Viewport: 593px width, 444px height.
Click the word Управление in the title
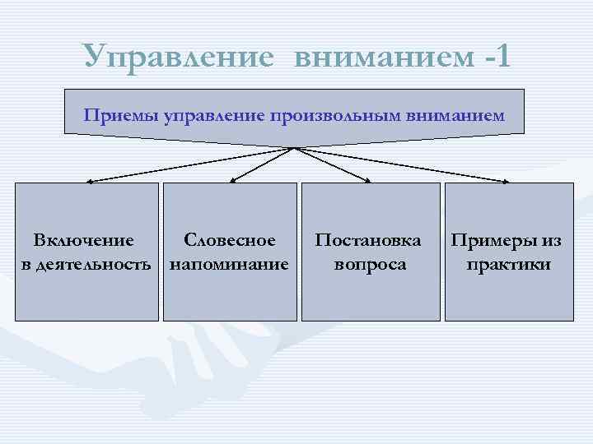click(x=178, y=56)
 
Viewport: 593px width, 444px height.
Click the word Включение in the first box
click(x=83, y=241)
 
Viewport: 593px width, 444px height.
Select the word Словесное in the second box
click(x=230, y=241)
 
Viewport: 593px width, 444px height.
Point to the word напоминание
click(x=229, y=265)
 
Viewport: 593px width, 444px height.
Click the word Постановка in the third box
click(x=368, y=241)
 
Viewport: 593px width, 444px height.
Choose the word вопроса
click(x=370, y=265)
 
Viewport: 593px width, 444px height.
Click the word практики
click(x=508, y=265)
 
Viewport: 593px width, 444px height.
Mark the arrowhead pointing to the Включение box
click(x=88, y=180)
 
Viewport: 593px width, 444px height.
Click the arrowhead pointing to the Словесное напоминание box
click(x=231, y=179)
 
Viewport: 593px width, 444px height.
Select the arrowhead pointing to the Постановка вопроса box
click(x=367, y=179)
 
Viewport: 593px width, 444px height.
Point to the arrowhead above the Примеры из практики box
click(x=506, y=180)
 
